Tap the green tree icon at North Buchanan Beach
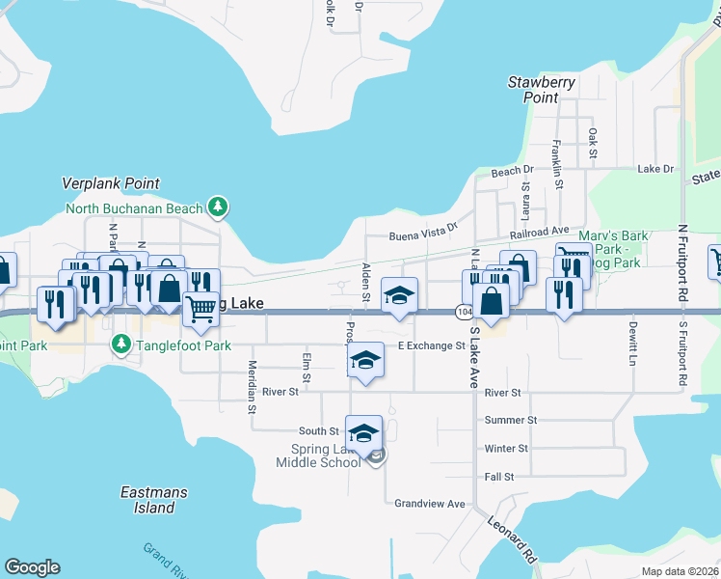(x=219, y=207)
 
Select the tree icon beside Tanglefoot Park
(x=120, y=344)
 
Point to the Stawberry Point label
(x=542, y=90)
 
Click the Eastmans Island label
(x=147, y=500)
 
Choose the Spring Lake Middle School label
(x=317, y=455)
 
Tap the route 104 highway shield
(x=465, y=312)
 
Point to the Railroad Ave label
(x=539, y=233)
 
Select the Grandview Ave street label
(x=430, y=504)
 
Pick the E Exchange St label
(x=432, y=345)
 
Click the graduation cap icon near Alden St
(x=398, y=295)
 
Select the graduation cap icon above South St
(x=363, y=432)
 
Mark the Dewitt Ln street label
(x=632, y=343)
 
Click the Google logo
(x=32, y=567)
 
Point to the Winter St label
(x=506, y=449)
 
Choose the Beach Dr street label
(x=505, y=172)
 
